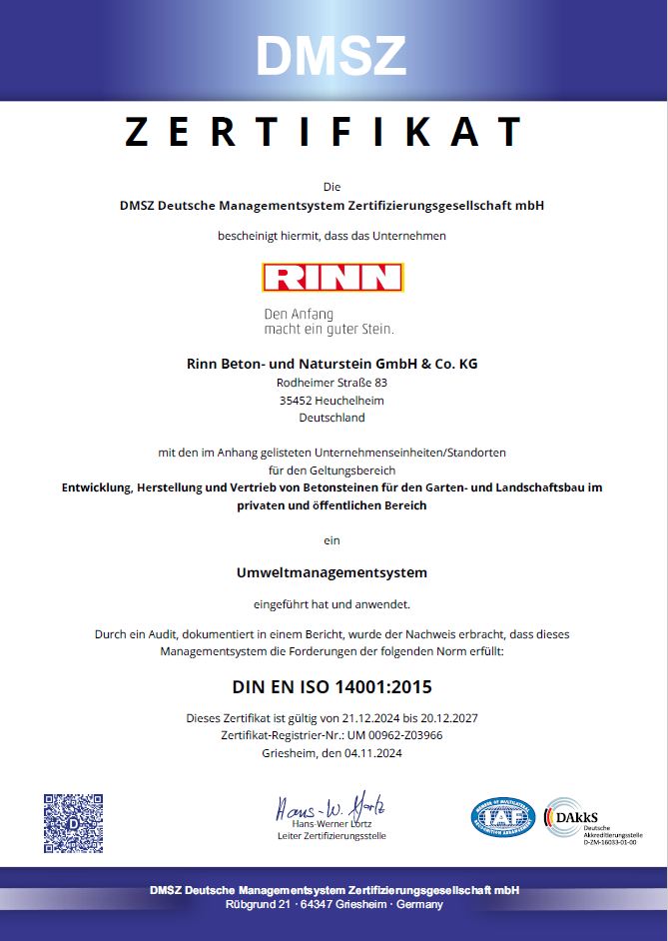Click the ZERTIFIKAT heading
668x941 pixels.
326,132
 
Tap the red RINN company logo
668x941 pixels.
333,277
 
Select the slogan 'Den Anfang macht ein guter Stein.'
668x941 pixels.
329,321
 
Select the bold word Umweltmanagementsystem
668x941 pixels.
332,572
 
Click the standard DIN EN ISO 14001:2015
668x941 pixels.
332,687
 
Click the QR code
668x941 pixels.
73,824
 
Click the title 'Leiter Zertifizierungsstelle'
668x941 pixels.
332,835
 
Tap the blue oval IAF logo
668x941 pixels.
502,817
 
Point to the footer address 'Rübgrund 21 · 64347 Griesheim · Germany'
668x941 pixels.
334,904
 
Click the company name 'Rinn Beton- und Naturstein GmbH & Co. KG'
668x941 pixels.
333,364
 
